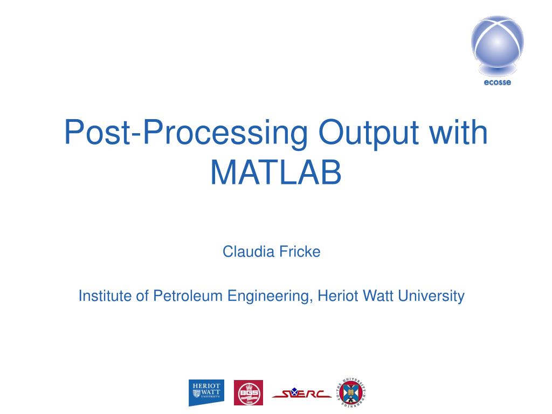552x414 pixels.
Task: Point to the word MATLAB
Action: (275, 172)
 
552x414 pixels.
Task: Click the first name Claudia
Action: (245, 252)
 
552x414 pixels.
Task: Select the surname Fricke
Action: (299, 252)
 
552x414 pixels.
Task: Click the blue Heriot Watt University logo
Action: (206, 392)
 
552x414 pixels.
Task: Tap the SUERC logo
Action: (302, 394)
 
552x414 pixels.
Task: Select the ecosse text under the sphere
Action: (497, 82)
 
